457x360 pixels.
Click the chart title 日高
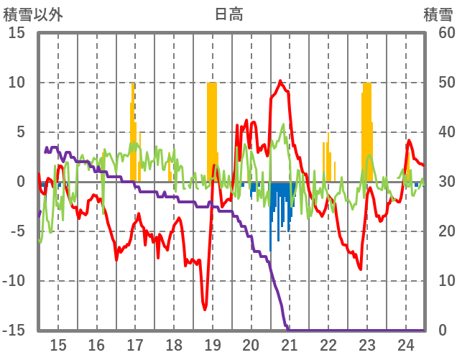(228, 14)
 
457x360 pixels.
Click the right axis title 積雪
(437, 14)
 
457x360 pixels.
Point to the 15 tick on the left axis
(17, 33)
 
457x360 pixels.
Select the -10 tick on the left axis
(14, 281)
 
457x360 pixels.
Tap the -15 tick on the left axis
(14, 331)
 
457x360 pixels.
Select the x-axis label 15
(58, 343)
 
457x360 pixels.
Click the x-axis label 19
(213, 343)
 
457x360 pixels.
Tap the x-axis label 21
(290, 343)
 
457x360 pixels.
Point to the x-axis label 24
(405, 343)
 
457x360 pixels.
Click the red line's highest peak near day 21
(280, 80)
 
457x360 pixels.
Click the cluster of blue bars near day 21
(280, 205)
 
